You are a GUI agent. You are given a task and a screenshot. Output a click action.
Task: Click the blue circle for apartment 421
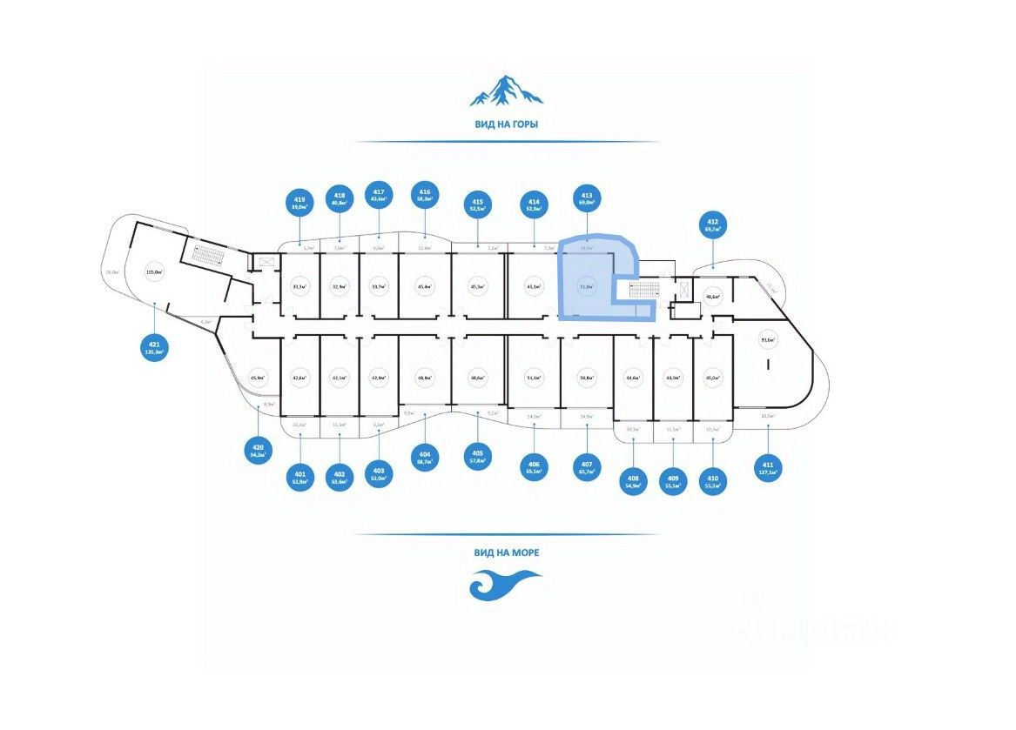point(154,349)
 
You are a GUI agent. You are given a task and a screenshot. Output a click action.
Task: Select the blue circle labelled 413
point(587,199)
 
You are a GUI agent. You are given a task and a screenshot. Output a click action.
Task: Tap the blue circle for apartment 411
point(768,467)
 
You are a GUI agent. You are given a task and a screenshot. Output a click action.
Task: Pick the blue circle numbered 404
point(425,457)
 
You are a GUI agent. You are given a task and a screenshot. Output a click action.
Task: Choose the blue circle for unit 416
point(425,195)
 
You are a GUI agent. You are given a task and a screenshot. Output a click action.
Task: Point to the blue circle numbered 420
point(258,451)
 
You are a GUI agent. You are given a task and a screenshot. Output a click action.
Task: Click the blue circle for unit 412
point(713,226)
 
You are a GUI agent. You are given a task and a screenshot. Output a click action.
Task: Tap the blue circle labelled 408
point(634,481)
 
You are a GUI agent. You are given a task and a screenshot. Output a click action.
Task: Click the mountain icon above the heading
point(506,90)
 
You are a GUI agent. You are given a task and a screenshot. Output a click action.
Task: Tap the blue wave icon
point(505,584)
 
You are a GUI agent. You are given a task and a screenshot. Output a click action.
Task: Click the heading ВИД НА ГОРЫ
point(506,124)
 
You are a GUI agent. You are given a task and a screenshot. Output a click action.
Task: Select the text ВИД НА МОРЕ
point(506,552)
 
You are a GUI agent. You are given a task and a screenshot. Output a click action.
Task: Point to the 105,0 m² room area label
point(155,271)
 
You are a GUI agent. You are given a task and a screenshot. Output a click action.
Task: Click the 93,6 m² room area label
point(767,340)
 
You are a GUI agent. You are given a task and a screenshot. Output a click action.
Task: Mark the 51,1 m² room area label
point(534,378)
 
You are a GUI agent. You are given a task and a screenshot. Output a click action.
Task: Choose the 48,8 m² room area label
point(425,378)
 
